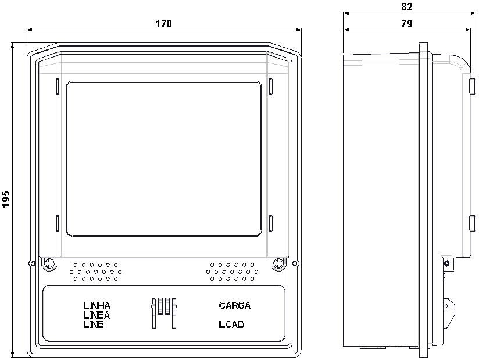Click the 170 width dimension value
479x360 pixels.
164,23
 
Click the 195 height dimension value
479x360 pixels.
6,199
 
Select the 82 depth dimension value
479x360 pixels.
406,7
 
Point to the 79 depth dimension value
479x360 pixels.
406,23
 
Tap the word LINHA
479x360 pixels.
97,305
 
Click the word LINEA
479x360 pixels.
96,315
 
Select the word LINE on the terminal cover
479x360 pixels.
94,325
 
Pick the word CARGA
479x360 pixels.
235,305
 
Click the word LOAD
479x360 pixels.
231,325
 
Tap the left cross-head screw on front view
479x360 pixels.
49,263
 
